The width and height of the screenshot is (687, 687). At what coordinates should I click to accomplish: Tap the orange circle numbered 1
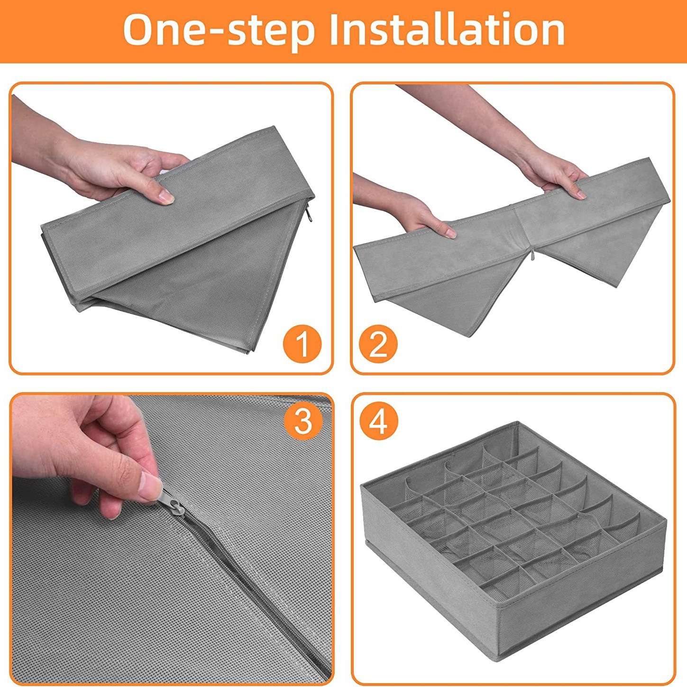[x=302, y=344]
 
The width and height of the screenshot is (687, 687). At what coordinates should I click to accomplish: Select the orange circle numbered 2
[x=378, y=344]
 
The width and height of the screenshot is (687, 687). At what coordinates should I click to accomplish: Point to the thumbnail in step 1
[x=165, y=196]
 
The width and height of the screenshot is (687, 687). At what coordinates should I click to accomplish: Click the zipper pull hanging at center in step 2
[x=532, y=256]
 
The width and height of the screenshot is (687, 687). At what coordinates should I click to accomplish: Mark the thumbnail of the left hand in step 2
[x=449, y=233]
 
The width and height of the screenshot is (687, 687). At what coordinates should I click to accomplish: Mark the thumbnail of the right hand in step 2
[x=579, y=194]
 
